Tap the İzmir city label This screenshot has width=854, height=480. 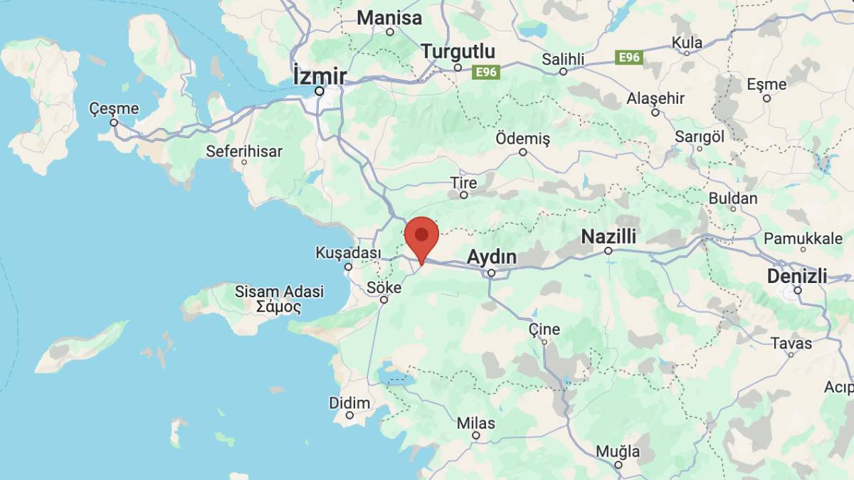click(320, 75)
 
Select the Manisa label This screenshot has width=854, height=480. click(389, 18)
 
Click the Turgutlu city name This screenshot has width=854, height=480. click(458, 52)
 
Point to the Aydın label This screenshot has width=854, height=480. click(491, 257)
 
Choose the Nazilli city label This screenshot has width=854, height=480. click(608, 236)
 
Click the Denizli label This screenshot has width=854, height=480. click(797, 276)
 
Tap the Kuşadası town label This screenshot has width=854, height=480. click(348, 253)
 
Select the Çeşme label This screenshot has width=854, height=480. click(114, 109)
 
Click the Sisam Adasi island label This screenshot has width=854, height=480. click(279, 292)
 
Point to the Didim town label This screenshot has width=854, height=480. click(349, 403)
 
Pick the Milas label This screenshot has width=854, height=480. click(475, 423)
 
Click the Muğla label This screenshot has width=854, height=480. click(618, 451)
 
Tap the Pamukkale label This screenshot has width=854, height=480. click(803, 238)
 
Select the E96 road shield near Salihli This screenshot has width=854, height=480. click(629, 58)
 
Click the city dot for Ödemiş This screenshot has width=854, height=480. click(523, 152)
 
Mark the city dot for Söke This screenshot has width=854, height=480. click(384, 299)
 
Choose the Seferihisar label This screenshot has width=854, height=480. click(244, 151)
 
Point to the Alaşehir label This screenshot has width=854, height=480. click(655, 99)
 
